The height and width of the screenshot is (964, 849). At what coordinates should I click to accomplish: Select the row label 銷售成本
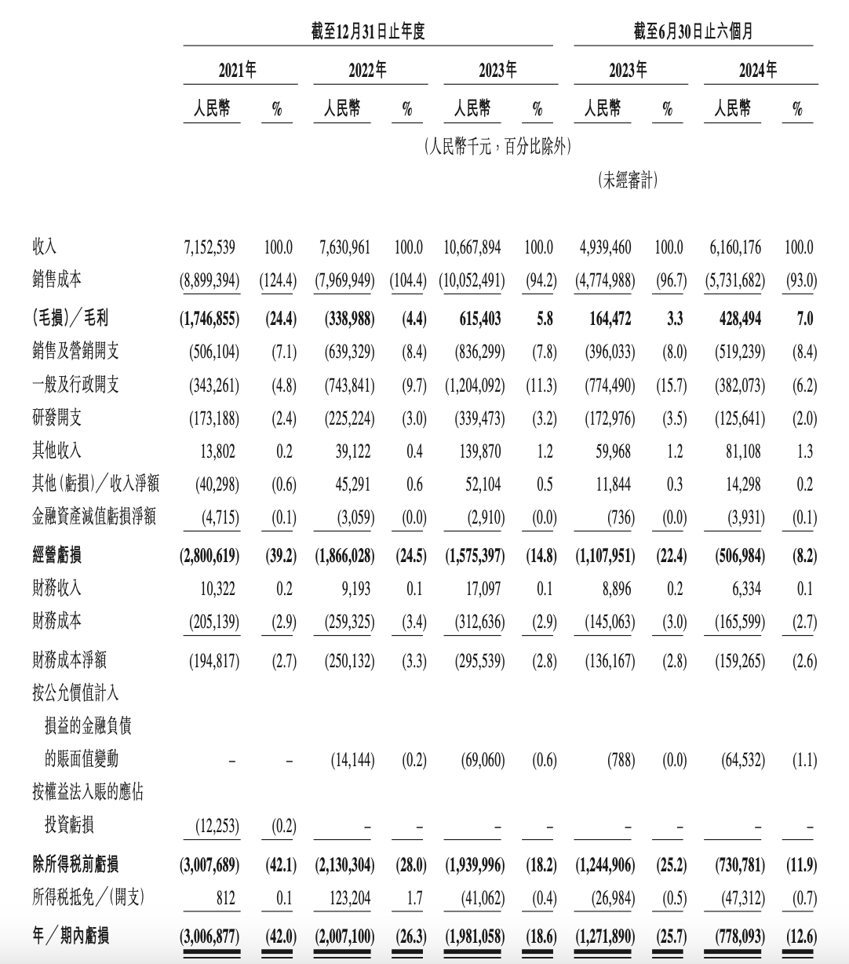click(x=56, y=280)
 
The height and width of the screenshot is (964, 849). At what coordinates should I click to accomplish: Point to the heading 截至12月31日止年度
click(x=368, y=32)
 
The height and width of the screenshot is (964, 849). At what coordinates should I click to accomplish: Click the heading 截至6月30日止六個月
click(x=694, y=32)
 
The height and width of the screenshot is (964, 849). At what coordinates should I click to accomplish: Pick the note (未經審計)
click(x=629, y=181)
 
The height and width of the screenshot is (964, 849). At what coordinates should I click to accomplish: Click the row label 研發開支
click(x=56, y=418)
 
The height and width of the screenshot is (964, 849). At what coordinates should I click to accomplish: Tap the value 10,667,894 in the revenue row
click(x=472, y=247)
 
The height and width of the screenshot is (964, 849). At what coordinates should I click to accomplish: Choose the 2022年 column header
click(x=368, y=71)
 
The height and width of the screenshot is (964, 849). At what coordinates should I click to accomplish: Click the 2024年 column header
click(x=758, y=71)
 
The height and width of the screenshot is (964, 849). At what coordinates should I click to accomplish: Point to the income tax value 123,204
click(x=345, y=898)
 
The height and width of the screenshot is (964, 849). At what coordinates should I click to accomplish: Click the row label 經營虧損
click(x=56, y=556)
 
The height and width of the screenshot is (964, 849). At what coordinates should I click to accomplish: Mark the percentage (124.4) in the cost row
click(x=278, y=280)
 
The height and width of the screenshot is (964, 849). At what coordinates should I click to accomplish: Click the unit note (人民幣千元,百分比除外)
click(x=497, y=146)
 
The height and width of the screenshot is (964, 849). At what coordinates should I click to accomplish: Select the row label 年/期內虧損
click(x=71, y=936)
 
